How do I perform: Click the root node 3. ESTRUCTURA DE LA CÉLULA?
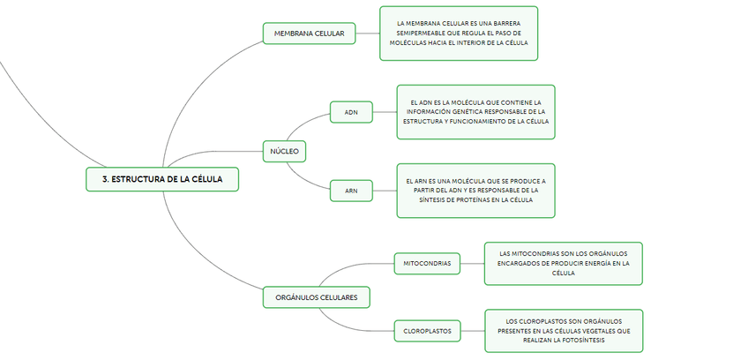(162, 178)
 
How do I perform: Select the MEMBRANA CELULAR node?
(309, 34)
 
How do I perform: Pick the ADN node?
(351, 112)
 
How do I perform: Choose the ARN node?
(351, 190)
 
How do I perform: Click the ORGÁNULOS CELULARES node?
(316, 297)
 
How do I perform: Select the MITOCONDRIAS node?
(427, 263)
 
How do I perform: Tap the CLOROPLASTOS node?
(427, 331)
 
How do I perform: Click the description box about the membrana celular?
(459, 34)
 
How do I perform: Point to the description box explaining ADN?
(476, 112)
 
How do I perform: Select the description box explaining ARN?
(476, 190)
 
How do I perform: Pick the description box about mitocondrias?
(564, 263)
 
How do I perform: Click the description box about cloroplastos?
(564, 331)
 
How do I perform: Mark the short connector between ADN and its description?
(385, 112)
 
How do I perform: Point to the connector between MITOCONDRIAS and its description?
(472, 263)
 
